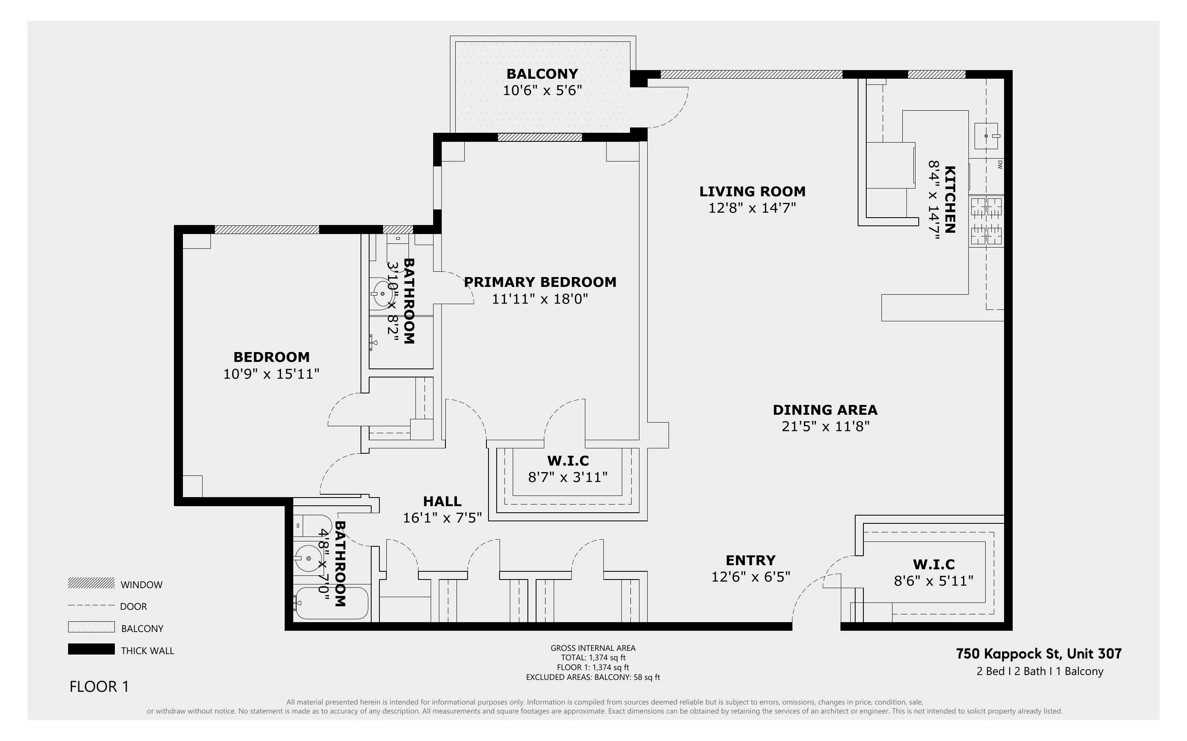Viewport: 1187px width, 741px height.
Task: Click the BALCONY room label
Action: coord(542,74)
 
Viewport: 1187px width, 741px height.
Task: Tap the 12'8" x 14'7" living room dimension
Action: coord(752,208)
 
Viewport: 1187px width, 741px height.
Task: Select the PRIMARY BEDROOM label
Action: coord(540,282)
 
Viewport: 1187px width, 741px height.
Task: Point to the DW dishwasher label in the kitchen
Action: coord(1000,165)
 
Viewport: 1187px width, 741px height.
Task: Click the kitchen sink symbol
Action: coord(986,136)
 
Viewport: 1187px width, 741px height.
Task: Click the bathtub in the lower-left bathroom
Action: coord(331,603)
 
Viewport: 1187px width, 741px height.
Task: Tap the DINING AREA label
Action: coord(825,410)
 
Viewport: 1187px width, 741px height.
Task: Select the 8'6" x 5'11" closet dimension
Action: coord(933,581)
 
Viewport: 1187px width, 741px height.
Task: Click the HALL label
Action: coord(442,501)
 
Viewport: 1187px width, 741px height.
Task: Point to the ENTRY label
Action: coord(750,560)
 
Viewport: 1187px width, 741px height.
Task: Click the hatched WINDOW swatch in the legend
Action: coord(91,583)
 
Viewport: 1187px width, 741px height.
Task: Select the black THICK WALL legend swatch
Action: coord(91,649)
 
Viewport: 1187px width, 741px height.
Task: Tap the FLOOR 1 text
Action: coord(99,686)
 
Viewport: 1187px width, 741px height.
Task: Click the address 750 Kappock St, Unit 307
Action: coord(1039,654)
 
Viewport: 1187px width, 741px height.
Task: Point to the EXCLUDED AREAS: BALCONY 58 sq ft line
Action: coord(593,677)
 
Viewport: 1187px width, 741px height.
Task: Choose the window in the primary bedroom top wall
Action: coord(539,137)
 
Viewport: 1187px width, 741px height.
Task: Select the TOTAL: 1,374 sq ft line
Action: coord(593,658)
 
